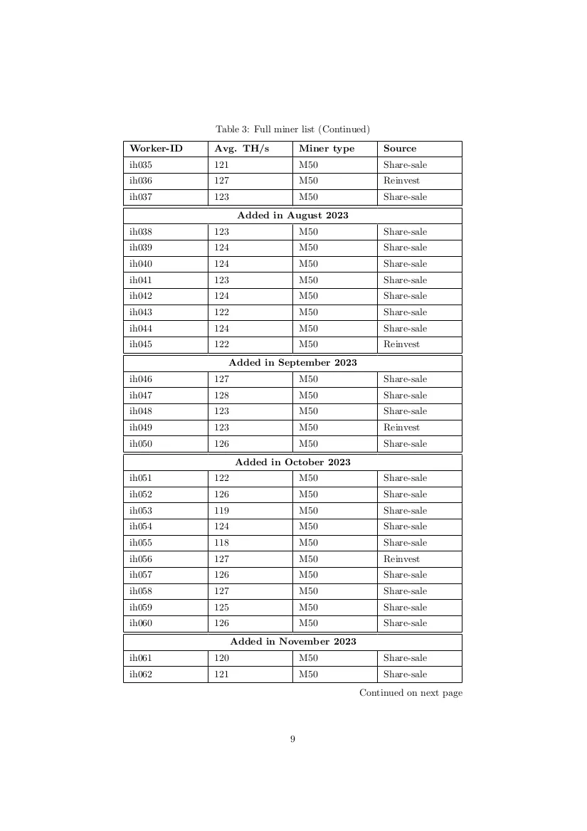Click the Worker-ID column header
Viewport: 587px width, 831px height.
[156, 149]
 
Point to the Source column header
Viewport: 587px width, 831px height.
[400, 149]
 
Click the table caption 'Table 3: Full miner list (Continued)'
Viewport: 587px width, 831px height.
[292, 129]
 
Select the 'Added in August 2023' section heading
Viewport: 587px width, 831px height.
[292, 215]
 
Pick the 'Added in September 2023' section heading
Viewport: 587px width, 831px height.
[292, 363]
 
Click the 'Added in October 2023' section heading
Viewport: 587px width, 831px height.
[292, 462]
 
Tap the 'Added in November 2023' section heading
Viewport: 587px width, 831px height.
[292, 642]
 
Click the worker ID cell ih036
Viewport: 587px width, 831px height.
[141, 181]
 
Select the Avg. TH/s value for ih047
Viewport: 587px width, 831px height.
[222, 396]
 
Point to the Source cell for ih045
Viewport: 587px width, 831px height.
[401, 344]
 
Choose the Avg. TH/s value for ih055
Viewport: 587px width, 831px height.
[222, 543]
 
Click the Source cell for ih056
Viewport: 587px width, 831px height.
[401, 559]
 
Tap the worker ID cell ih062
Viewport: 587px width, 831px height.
[141, 674]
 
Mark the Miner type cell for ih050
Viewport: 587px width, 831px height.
[308, 444]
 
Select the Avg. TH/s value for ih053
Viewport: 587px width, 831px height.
[222, 511]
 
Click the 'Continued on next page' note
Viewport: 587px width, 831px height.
[411, 693]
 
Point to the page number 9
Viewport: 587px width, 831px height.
[292, 739]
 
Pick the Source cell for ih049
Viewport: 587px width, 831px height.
[401, 428]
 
